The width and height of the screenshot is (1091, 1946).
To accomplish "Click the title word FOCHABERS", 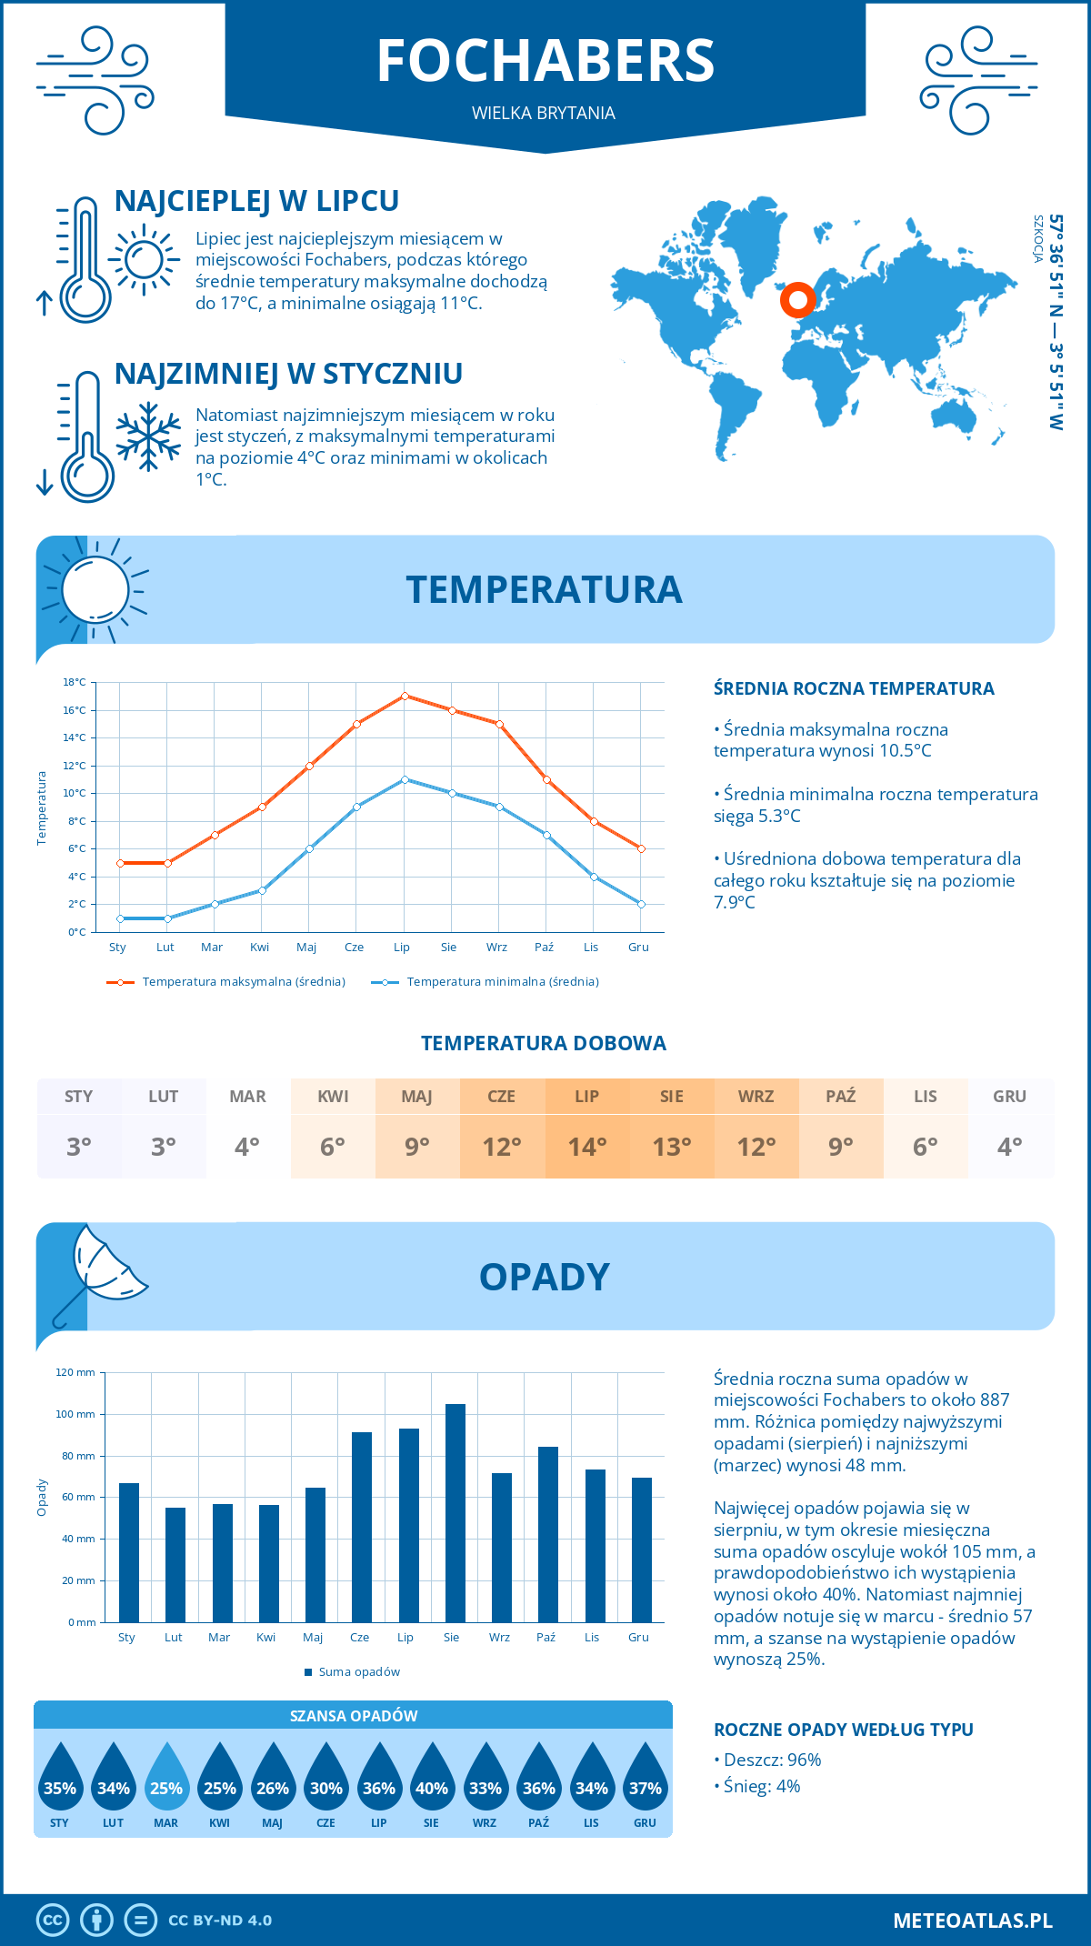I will pos(545,61).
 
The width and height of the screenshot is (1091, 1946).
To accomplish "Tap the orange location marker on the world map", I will pos(798,299).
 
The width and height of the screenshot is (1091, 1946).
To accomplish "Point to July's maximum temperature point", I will pos(405,697).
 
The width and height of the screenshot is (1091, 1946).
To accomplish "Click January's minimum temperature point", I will pos(120,918).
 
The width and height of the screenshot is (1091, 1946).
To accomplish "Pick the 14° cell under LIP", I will pos(586,1147).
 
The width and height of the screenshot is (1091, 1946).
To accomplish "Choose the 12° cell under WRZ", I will pos(756,1147).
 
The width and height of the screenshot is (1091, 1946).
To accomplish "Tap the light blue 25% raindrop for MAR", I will pos(166,1778).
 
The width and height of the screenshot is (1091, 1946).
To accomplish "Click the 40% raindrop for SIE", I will pos(432,1778).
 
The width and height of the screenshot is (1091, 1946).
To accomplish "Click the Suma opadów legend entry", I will pos(358,1672).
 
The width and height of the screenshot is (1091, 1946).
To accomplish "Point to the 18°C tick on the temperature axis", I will pos(75,682).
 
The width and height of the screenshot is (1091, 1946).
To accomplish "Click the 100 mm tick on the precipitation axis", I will pos(75,1414).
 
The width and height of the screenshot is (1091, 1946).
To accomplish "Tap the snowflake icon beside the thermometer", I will pos(148,437).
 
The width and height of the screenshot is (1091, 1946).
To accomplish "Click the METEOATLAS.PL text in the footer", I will pos(972,1921).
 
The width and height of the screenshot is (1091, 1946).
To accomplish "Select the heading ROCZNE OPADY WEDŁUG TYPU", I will pos(843,1730).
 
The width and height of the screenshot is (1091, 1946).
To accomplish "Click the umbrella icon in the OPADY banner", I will pos(100,1273).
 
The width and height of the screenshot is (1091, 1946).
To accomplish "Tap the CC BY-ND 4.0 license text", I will pos(220,1921).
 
